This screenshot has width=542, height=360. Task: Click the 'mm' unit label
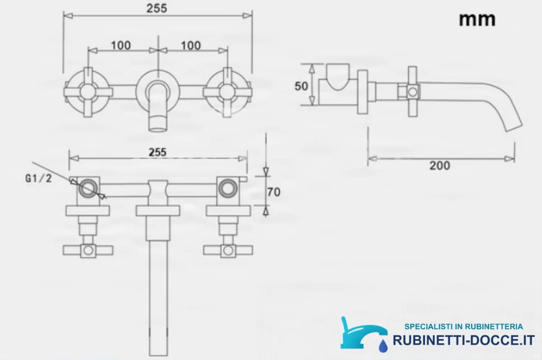tap(477, 20)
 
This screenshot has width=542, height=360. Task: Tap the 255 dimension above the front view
tap(157, 9)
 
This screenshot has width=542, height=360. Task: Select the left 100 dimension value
tap(121, 46)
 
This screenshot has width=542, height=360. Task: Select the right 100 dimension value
tap(191, 46)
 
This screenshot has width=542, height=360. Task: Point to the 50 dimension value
tap(301, 86)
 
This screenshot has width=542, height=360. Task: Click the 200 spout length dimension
tap(440, 166)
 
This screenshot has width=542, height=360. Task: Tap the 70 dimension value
tap(274, 192)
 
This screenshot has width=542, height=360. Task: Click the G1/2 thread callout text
tap(38, 178)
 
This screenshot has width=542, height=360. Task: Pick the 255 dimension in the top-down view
tap(158, 152)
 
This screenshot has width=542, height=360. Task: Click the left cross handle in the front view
tap(88, 92)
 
